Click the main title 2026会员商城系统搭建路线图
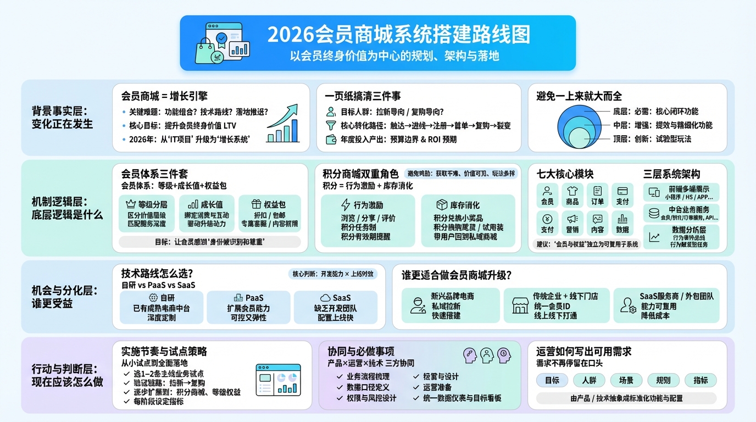(398, 34)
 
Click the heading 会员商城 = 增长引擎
(164, 96)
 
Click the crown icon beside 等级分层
(131, 204)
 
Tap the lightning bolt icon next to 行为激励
(346, 205)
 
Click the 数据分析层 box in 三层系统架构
(681, 237)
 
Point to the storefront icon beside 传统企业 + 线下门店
(520, 306)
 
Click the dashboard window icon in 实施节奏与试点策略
(278, 379)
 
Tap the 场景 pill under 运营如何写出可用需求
(626, 380)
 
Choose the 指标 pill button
(701, 380)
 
